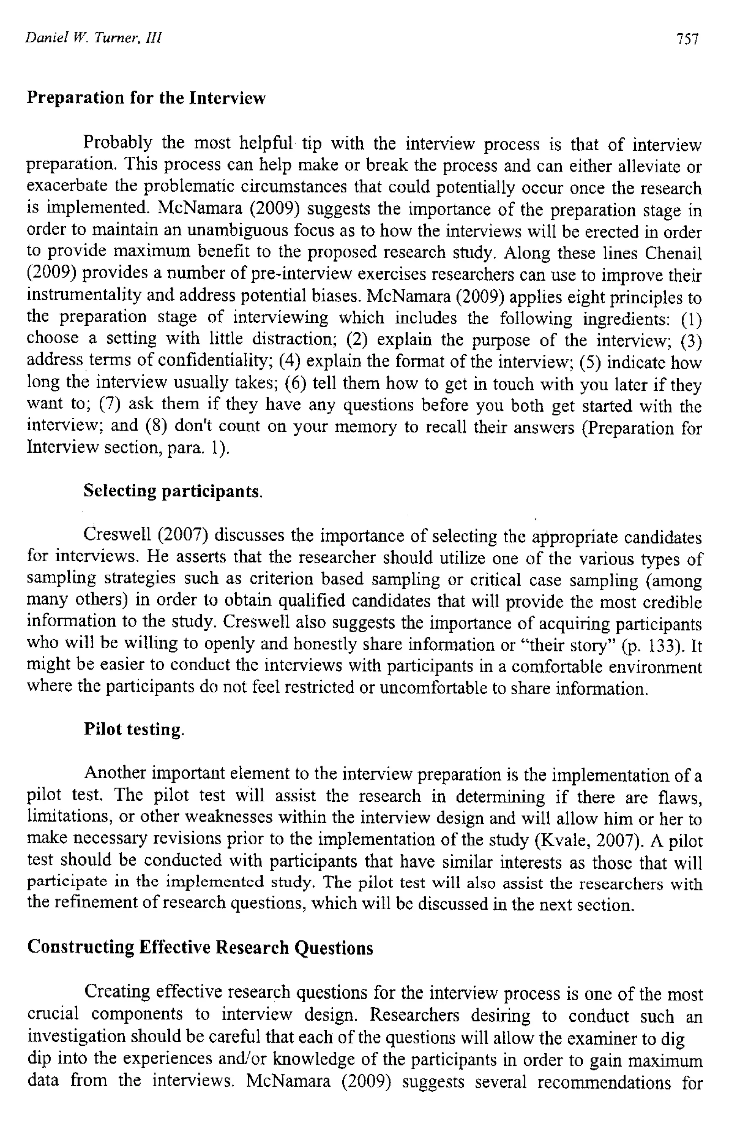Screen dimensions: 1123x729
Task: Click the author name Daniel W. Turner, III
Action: pos(93,38)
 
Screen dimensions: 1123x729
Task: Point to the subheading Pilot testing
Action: pos(134,729)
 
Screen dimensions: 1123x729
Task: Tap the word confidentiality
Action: pos(215,361)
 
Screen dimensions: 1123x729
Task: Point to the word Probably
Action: pos(118,142)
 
